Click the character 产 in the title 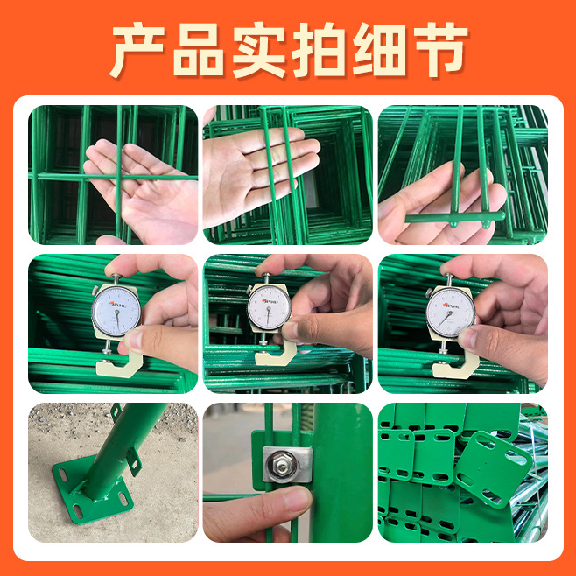pyautogui.click(x=139, y=50)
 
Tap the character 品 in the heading pyautogui.click(x=200, y=50)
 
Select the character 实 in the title pyautogui.click(x=260, y=50)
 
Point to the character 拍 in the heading pyautogui.click(x=320, y=50)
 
